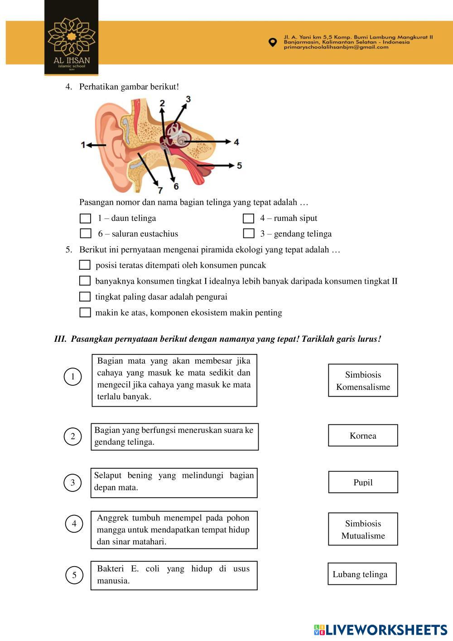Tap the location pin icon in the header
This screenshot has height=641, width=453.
coord(272,42)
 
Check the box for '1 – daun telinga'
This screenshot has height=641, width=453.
coord(85,219)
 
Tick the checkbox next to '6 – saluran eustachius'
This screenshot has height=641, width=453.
coord(85,233)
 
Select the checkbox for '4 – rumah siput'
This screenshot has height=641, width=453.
coord(248,219)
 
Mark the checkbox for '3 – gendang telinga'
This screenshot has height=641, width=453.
coord(248,233)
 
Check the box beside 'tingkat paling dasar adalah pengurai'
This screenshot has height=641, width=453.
coord(85,296)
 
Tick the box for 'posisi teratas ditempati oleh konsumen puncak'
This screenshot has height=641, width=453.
coord(85,265)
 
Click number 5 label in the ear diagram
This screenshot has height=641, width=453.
coord(239,165)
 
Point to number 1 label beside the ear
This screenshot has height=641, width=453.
coord(83,145)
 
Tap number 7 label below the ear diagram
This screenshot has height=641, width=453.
coord(159,190)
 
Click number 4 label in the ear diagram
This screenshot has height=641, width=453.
coord(236,142)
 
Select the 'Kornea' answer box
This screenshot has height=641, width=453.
coord(363,436)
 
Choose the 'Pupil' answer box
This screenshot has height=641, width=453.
coord(363,482)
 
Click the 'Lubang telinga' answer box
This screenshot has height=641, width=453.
coord(362,574)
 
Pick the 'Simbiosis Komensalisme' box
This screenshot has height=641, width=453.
coord(363,380)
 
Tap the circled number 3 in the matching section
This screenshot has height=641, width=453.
coord(72,483)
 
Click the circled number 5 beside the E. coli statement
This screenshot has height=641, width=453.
coord(74,575)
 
